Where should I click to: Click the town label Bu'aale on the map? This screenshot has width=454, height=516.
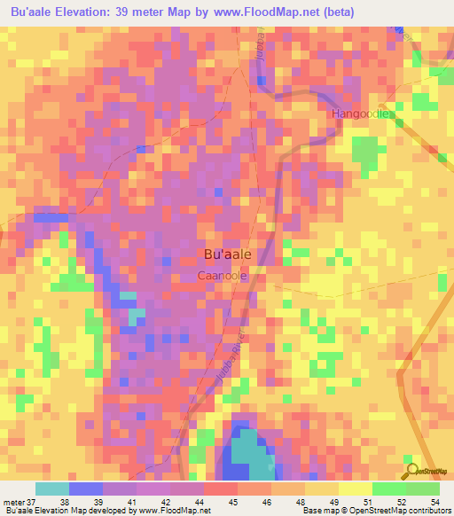click(227, 254)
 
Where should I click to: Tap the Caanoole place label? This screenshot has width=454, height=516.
click(222, 277)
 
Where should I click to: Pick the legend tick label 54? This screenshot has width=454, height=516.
click(434, 501)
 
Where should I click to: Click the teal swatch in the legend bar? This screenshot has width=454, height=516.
click(51, 489)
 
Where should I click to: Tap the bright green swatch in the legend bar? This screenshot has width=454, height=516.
click(388, 489)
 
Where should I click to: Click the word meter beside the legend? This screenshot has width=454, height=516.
click(12, 501)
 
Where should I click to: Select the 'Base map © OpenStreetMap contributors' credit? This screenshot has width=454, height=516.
click(376, 511)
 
